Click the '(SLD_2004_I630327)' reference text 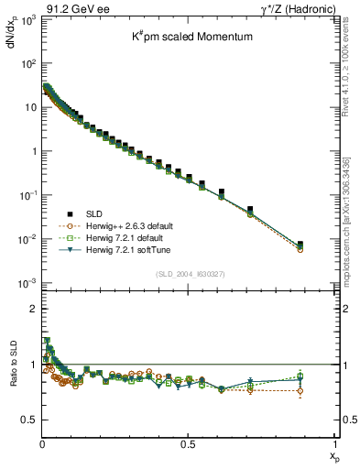[188, 273]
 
